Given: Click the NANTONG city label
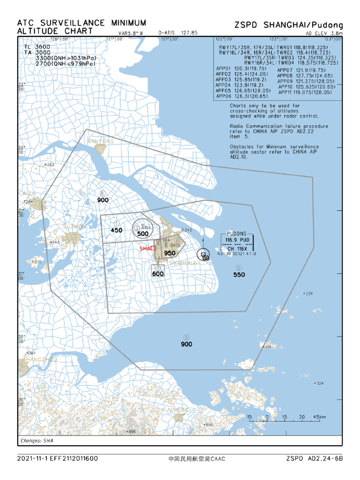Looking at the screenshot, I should point(100,141).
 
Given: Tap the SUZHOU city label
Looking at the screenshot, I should point(74,227).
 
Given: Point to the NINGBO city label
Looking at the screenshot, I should point(178,410).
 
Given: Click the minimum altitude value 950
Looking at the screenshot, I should point(170,253).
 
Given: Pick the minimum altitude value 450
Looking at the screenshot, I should point(116,230).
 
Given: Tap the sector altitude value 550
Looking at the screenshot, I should point(239,275).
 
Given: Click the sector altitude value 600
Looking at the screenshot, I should point(158,274).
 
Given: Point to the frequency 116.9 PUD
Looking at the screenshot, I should point(237,240).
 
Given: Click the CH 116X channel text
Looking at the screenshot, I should point(237,248).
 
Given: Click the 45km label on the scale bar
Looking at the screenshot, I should point(320,417).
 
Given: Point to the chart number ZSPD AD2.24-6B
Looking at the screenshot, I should point(315,458).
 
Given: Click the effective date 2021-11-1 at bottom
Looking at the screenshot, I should point(34,458).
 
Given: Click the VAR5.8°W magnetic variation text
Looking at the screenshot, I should point(131,33).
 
